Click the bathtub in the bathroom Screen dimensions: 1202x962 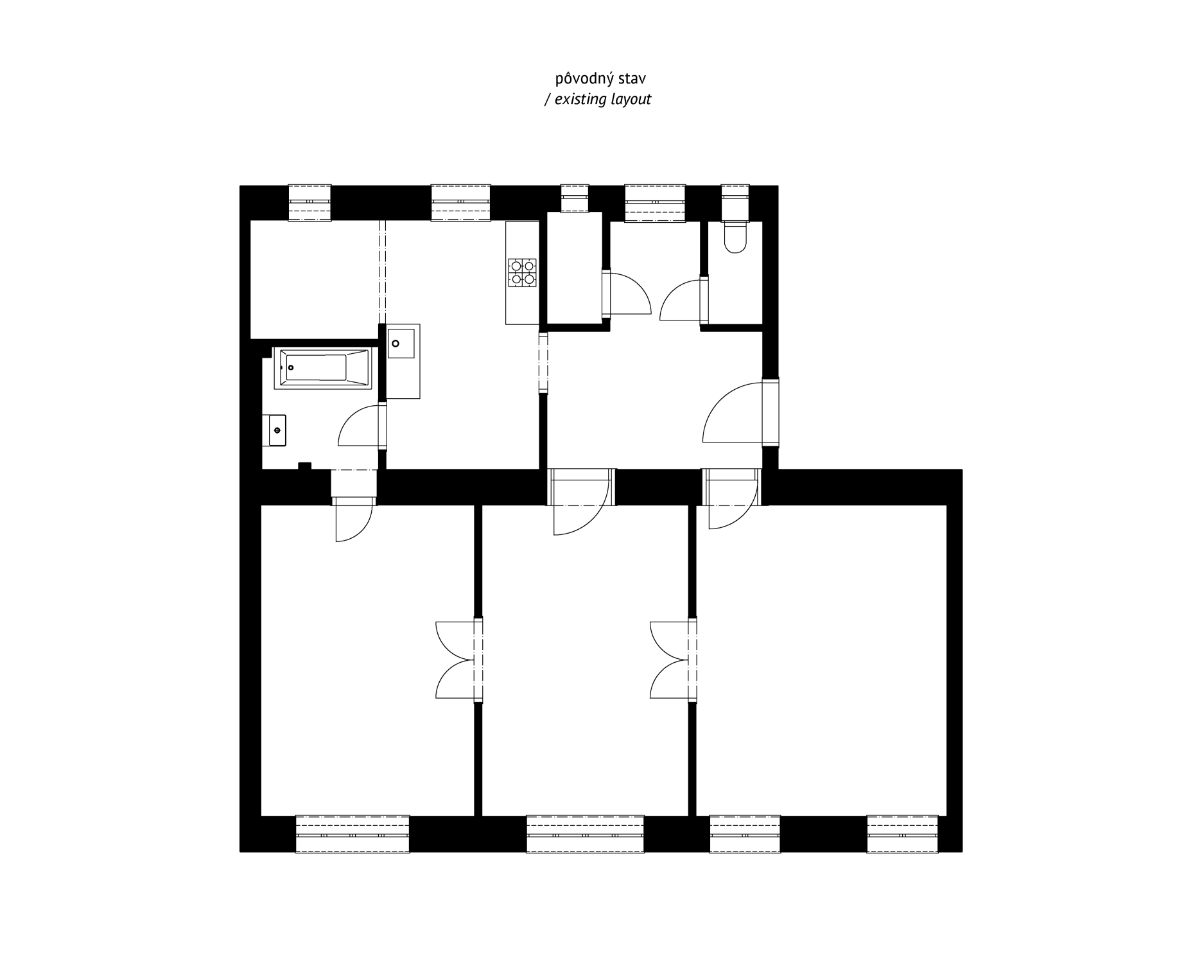[322, 368]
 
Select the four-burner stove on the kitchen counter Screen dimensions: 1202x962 [522, 272]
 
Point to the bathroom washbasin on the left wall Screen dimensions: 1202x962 [277, 430]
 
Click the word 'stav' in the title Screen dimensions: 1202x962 [632, 79]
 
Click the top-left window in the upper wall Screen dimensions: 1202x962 [309, 203]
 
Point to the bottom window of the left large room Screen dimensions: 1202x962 [353, 834]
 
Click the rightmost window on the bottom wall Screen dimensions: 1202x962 [902, 834]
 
